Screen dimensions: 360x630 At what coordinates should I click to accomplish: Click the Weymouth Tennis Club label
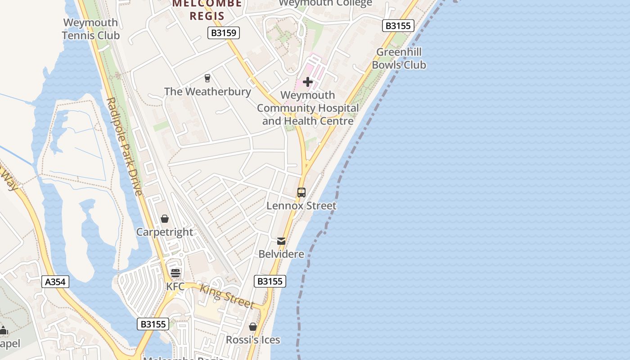90,29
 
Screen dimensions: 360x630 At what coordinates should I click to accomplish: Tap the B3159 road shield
224,33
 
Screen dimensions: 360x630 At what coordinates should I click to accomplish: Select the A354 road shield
56,282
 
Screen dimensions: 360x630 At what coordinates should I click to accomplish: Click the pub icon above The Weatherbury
207,78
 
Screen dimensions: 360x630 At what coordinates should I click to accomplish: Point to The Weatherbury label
207,91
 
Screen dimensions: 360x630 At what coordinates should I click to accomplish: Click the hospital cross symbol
308,82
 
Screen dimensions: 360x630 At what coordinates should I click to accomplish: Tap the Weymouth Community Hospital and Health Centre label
308,108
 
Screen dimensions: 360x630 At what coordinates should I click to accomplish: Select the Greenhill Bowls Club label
399,58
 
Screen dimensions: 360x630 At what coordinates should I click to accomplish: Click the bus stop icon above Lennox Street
301,193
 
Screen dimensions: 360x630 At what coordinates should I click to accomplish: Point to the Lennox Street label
301,206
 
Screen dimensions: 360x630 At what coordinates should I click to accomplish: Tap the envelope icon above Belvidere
281,241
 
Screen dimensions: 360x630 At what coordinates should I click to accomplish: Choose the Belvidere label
281,254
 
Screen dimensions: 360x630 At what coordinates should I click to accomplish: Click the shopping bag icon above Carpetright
165,219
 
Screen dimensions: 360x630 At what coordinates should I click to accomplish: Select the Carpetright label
165,232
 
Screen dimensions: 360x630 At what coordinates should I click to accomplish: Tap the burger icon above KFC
175,273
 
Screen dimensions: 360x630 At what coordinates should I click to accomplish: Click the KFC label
175,286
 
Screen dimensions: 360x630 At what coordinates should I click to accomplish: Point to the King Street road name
227,296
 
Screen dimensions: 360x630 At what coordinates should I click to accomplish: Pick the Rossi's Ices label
253,340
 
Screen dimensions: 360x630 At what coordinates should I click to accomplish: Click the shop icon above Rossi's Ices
253,327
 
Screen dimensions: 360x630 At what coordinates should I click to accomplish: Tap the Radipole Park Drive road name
125,147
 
